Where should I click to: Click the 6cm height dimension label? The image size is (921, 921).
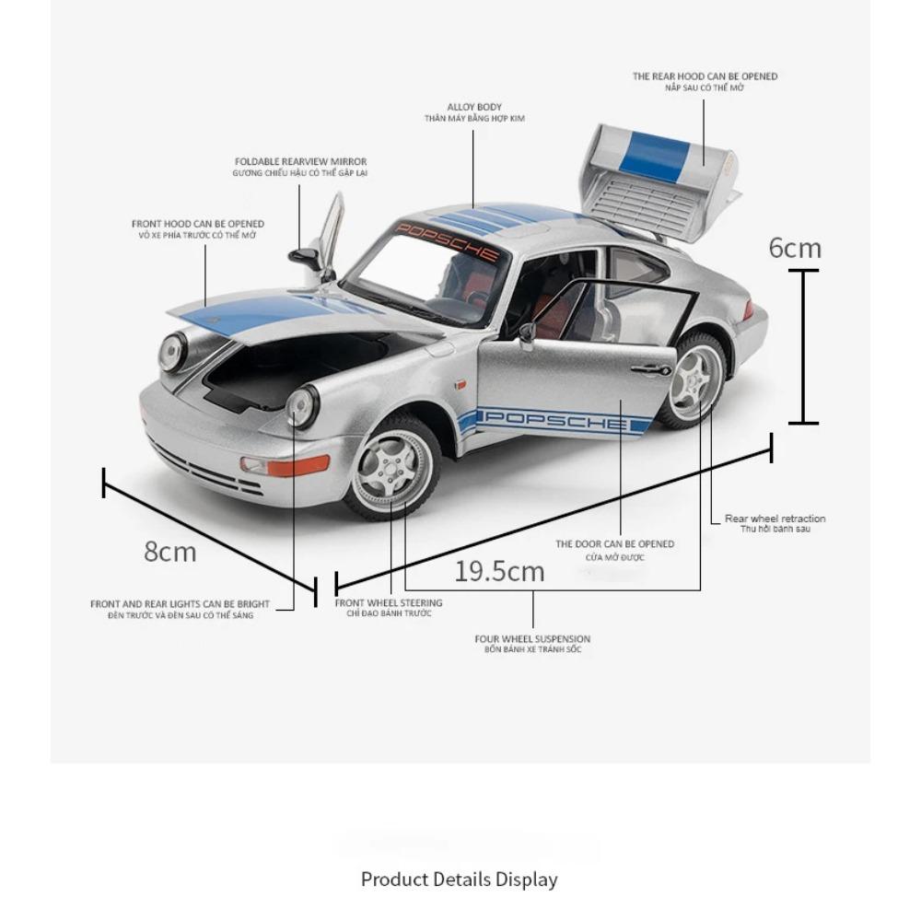[x=795, y=248]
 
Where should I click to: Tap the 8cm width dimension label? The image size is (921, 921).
[x=170, y=552]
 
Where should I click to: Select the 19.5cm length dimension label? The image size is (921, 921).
[x=499, y=571]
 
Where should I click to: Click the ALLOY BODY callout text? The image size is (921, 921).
[x=474, y=108]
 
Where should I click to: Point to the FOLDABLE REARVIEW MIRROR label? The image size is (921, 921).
[x=300, y=162]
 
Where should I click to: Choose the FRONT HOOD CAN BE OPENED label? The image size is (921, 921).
[x=198, y=224]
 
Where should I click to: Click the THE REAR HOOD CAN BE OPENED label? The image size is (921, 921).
[x=705, y=76]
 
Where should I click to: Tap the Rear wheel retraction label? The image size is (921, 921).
[x=775, y=519]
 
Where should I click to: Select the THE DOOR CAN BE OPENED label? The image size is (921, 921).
[x=614, y=544]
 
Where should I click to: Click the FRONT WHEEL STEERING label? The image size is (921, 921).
[x=389, y=603]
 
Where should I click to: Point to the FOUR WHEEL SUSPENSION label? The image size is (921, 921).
[x=532, y=639]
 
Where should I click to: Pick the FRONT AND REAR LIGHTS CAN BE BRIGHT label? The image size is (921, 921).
[x=180, y=604]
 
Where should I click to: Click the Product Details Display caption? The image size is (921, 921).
[x=460, y=880]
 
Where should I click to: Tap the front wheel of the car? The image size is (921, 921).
[x=392, y=467]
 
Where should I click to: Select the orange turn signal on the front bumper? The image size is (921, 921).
[x=297, y=465]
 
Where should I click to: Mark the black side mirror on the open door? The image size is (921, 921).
[x=526, y=332]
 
